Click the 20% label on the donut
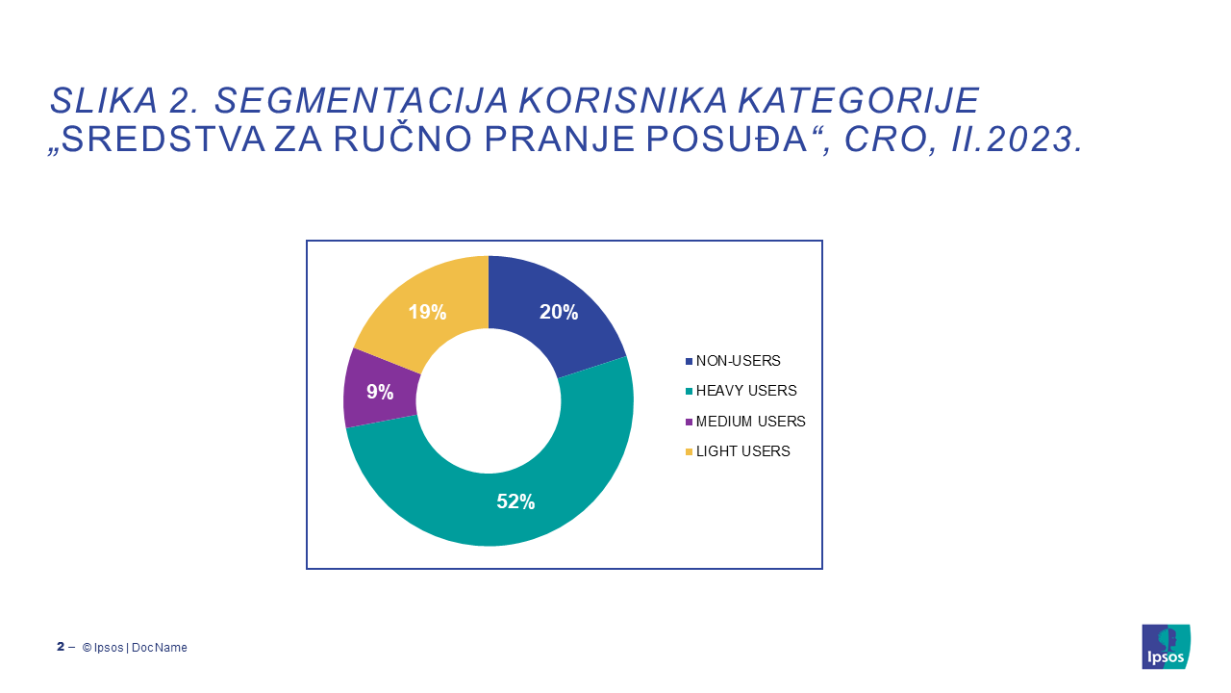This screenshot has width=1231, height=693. (x=559, y=312)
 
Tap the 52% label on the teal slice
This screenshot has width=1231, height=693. (x=515, y=501)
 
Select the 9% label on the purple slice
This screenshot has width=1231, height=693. (x=380, y=392)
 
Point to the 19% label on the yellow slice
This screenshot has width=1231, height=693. (x=427, y=312)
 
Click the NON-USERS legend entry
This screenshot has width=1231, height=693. (x=733, y=361)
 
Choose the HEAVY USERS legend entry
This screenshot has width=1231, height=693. (x=741, y=391)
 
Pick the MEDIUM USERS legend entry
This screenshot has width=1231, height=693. (x=745, y=422)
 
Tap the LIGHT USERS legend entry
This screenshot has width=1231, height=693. (x=738, y=451)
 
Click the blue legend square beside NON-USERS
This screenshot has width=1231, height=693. (x=689, y=361)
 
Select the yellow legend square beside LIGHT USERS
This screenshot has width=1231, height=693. (x=689, y=452)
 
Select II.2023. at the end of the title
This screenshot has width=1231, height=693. (x=1017, y=139)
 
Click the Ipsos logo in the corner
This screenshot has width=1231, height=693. (x=1166, y=646)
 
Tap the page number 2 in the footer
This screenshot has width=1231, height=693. (x=61, y=646)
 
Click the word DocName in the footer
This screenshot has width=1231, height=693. (x=160, y=648)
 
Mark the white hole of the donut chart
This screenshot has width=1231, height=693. (x=489, y=401)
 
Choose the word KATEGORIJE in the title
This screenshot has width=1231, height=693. (x=859, y=101)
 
